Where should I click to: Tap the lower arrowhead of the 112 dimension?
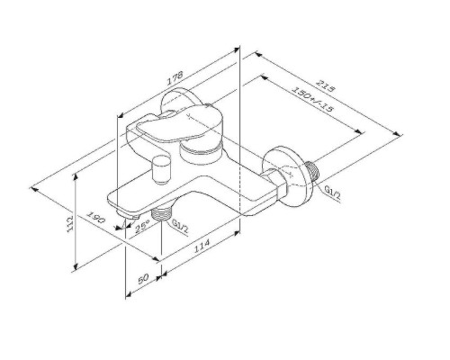pos(75,268)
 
